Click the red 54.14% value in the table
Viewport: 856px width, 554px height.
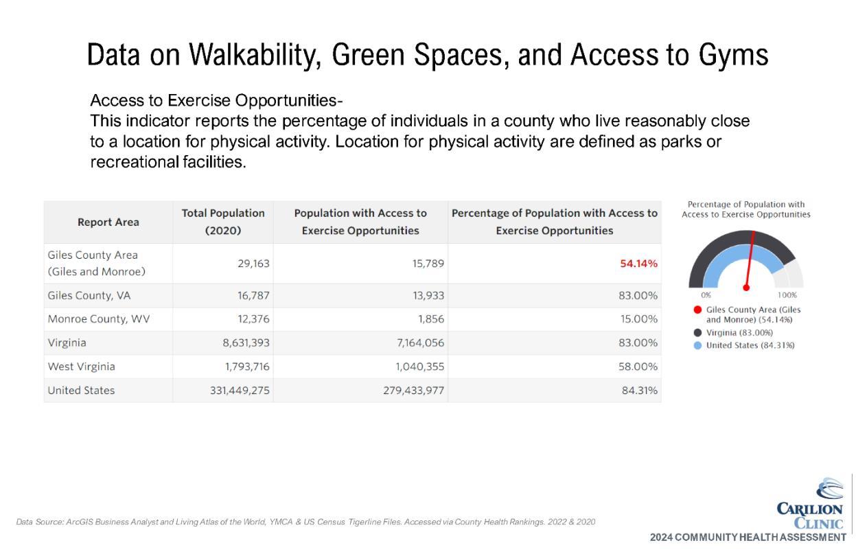click(x=638, y=264)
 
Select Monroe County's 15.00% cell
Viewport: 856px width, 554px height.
click(x=638, y=319)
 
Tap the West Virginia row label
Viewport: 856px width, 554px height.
click(x=81, y=367)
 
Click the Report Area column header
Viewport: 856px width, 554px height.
click(x=108, y=222)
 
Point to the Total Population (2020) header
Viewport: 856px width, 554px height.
click(x=223, y=222)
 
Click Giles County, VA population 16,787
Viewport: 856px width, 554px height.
click(x=251, y=296)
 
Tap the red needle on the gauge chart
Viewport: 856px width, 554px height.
click(x=750, y=261)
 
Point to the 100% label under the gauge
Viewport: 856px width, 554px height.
click(x=787, y=295)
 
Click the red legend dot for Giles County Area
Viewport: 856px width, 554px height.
click(x=698, y=310)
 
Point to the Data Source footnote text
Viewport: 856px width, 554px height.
click(x=305, y=522)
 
